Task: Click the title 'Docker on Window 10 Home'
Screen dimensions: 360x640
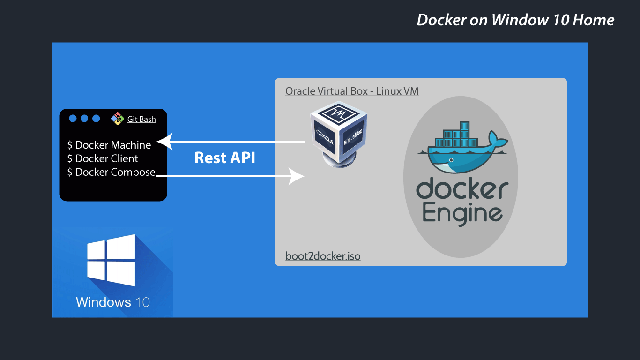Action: click(x=515, y=20)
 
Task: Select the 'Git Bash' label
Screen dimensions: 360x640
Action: click(x=141, y=119)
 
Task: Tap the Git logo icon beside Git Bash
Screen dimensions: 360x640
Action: click(x=117, y=119)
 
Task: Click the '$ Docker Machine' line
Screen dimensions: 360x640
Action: click(x=109, y=145)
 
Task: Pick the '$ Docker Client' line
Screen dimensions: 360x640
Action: click(x=103, y=158)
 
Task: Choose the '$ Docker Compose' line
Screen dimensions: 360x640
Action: click(x=111, y=172)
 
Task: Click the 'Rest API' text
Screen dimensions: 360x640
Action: click(x=224, y=157)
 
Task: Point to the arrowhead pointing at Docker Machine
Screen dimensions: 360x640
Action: click(x=164, y=141)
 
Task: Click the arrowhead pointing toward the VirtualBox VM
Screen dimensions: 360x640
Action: click(x=297, y=177)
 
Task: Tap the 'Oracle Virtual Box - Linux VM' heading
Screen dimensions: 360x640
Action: click(x=352, y=91)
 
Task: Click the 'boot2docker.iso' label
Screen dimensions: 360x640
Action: click(x=323, y=256)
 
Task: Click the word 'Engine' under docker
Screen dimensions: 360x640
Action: click(x=462, y=213)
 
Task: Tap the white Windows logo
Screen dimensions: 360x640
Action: click(x=112, y=261)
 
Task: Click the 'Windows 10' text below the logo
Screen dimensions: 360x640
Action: click(x=113, y=301)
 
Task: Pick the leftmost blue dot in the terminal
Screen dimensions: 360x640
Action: click(x=73, y=119)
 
